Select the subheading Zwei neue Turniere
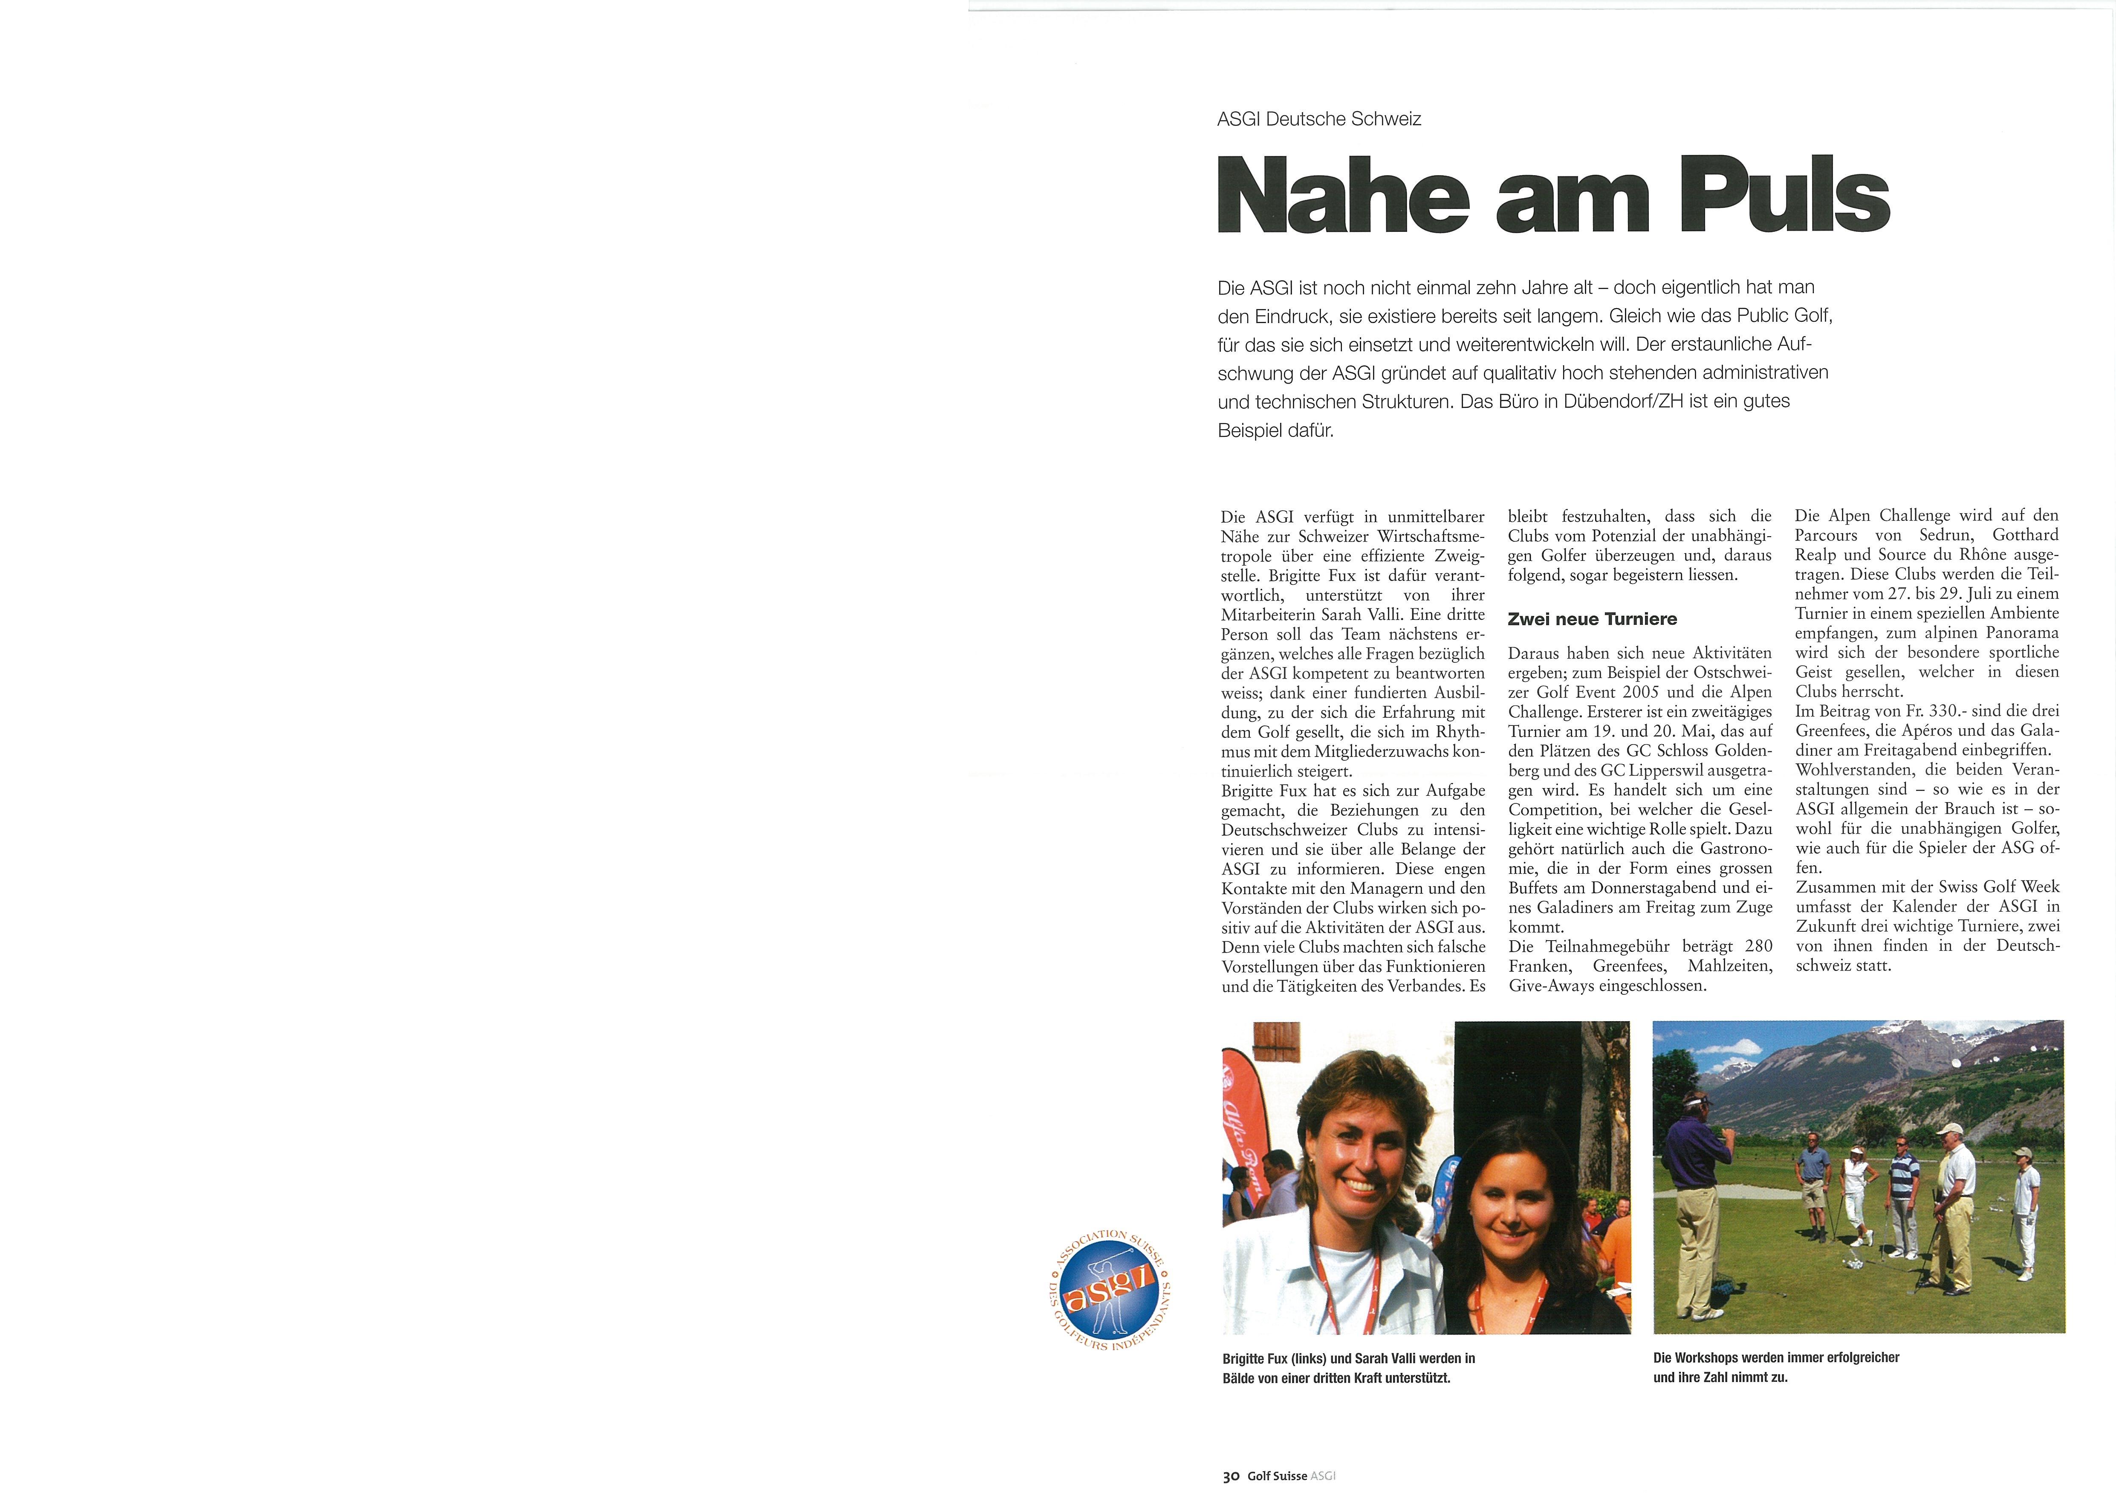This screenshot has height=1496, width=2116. [1592, 619]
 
